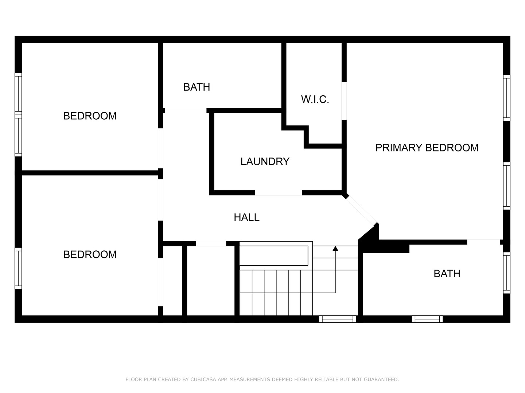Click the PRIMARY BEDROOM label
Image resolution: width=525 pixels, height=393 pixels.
427,148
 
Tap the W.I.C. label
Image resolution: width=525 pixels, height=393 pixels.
315,99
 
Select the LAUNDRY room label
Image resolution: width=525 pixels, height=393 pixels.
265,162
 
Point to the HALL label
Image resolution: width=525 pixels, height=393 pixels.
246,217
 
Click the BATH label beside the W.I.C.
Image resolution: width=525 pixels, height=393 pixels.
197,87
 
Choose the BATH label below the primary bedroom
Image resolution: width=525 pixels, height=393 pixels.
447,274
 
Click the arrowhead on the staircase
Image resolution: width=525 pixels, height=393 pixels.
335,249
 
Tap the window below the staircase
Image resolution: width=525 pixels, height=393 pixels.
338,319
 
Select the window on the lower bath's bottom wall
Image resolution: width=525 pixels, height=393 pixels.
427,319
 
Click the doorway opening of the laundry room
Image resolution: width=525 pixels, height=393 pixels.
279,193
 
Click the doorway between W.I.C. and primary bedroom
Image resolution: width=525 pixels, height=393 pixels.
344,101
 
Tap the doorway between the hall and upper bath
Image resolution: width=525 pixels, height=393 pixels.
186,111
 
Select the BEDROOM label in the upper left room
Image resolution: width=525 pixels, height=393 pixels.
90,116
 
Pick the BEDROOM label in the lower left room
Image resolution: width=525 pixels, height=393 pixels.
90,255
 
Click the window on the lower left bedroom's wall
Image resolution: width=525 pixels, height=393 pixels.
18,268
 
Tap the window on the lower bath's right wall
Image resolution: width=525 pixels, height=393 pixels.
506,273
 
